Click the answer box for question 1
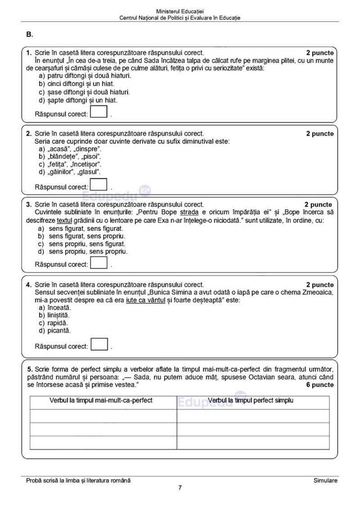[99, 111]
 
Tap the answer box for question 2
[99, 185]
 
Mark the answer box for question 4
[99, 344]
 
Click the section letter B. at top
[30, 34]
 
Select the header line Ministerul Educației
[180, 10]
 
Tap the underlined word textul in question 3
[65, 221]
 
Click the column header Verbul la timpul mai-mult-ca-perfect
[101, 400]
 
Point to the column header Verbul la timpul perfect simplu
[251, 400]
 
